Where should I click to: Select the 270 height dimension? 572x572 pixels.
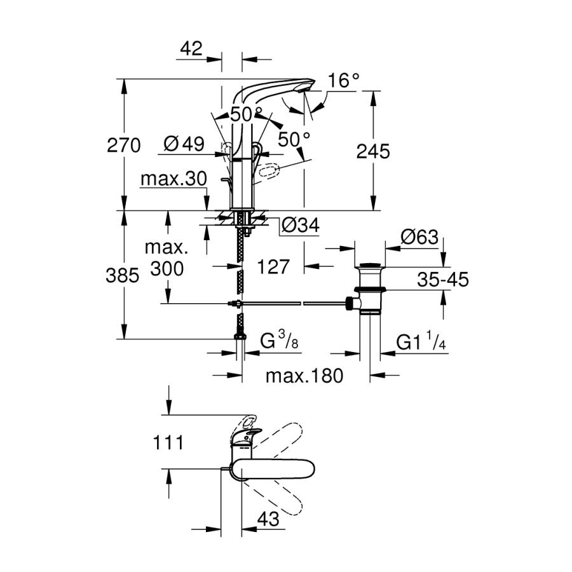tap(124, 146)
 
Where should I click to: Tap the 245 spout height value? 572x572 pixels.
tap(372, 151)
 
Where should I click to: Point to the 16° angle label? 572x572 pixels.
tap(344, 81)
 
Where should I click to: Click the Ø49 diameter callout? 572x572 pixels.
tap(184, 144)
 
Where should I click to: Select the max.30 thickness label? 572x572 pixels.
tap(174, 179)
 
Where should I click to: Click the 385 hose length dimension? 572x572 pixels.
tap(124, 275)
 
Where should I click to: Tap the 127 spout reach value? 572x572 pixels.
tap(275, 266)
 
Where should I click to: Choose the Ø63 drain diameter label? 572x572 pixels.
tap(419, 237)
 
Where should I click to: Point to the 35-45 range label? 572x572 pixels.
tap(443, 278)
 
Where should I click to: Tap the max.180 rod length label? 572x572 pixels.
tap(304, 376)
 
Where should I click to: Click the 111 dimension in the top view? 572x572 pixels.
tap(168, 442)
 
